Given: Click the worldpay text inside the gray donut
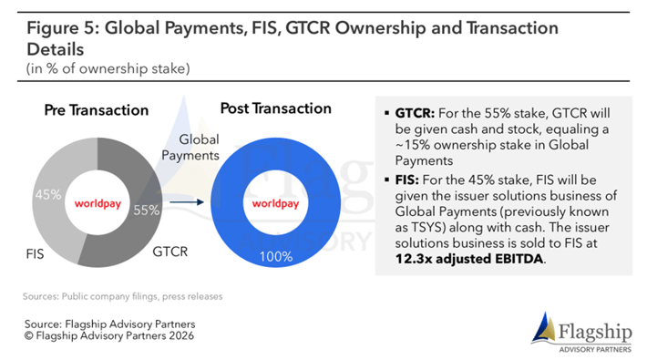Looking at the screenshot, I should [x=100, y=202].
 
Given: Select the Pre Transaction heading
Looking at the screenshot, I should [x=97, y=110].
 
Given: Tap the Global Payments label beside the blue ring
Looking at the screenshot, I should [x=192, y=148].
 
